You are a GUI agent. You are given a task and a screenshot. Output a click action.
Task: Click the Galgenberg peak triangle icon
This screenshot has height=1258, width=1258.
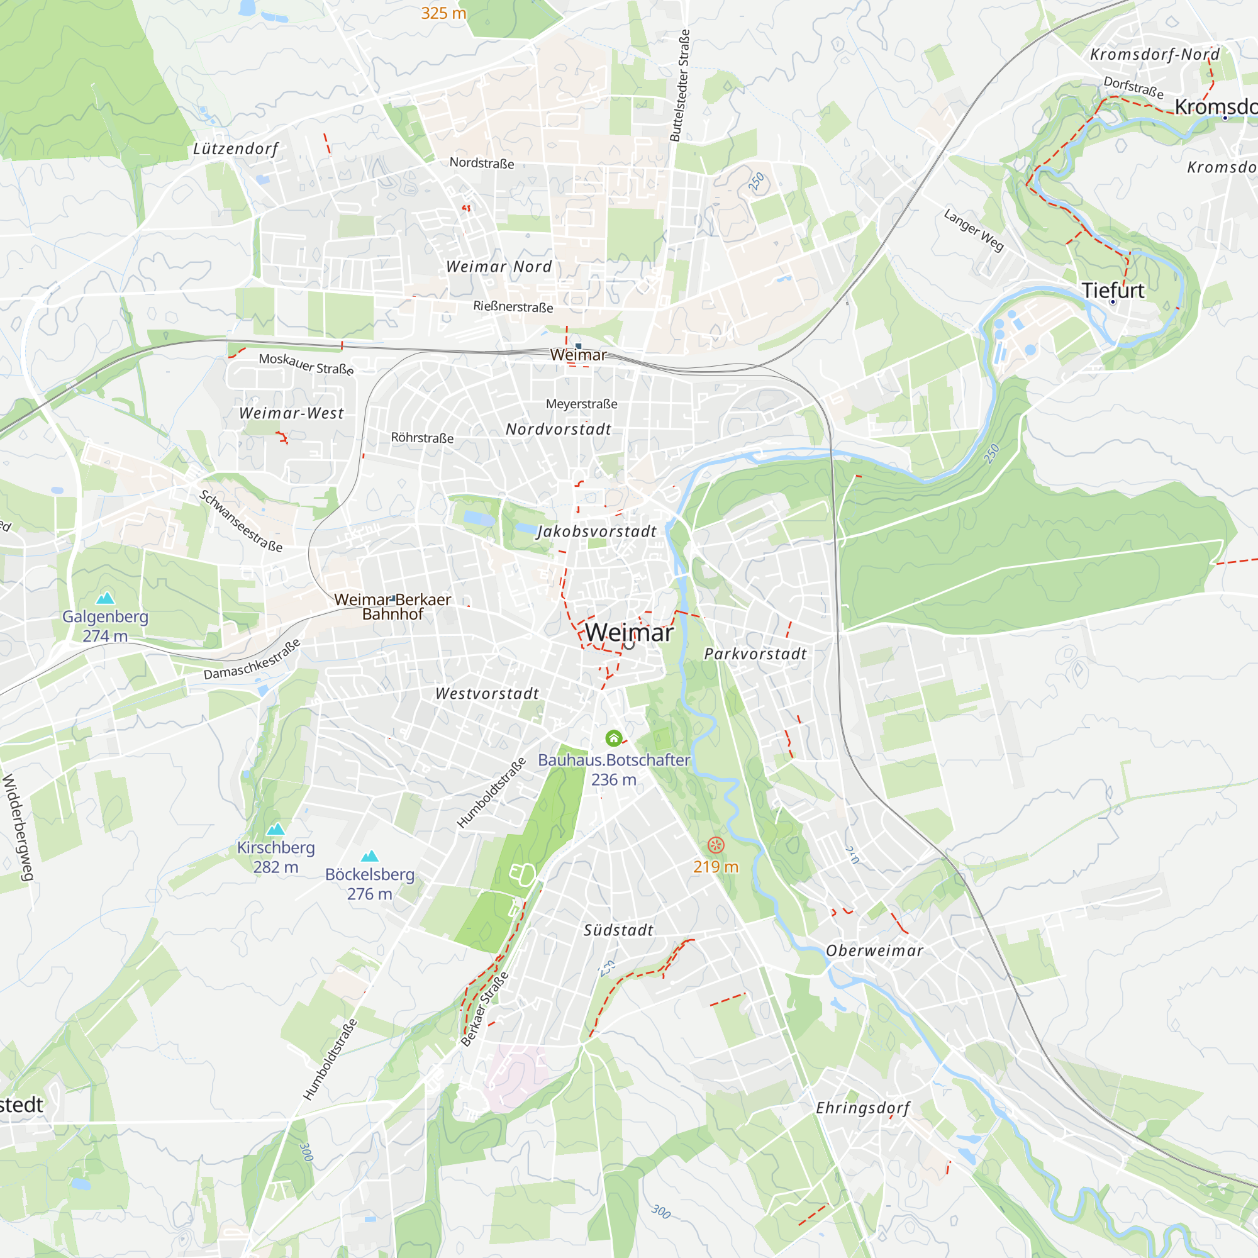pyautogui.click(x=106, y=598)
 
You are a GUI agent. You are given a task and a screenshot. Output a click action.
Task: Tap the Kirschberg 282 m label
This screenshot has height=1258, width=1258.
pyautogui.click(x=276, y=857)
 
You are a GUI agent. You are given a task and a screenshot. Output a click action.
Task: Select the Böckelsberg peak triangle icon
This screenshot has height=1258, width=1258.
pyautogui.click(x=369, y=855)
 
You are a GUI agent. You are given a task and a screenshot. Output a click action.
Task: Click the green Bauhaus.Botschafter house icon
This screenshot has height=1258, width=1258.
pyautogui.click(x=613, y=738)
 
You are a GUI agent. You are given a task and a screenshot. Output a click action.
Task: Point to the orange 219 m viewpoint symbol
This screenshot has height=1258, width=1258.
pyautogui.click(x=716, y=845)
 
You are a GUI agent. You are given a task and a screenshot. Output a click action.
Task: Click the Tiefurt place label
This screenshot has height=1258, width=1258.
pyautogui.click(x=1112, y=291)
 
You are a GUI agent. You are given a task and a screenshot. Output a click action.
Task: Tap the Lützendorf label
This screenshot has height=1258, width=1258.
pyautogui.click(x=236, y=149)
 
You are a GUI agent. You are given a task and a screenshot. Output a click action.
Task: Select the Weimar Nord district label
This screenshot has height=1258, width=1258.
pyautogui.click(x=499, y=266)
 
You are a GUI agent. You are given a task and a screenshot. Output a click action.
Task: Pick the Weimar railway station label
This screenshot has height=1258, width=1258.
pyautogui.click(x=577, y=355)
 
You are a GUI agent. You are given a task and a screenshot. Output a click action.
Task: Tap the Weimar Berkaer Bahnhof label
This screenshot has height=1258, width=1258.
pyautogui.click(x=392, y=606)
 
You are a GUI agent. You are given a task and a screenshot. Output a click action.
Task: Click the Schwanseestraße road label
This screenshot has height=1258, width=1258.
pyautogui.click(x=241, y=521)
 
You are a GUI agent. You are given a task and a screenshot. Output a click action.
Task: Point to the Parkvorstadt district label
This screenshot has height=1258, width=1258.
pyautogui.click(x=755, y=654)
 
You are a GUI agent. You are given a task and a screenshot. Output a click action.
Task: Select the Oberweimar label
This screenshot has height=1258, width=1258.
pyautogui.click(x=874, y=950)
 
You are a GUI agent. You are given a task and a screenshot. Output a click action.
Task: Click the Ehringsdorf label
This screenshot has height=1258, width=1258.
pyautogui.click(x=863, y=1108)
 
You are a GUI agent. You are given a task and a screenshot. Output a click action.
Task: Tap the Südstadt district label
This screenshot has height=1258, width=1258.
pyautogui.click(x=618, y=930)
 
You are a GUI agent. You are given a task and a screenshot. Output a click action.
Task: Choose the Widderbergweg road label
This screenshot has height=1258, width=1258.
pyautogui.click(x=18, y=827)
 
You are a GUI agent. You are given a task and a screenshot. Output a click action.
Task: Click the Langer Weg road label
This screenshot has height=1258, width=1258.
pyautogui.click(x=974, y=230)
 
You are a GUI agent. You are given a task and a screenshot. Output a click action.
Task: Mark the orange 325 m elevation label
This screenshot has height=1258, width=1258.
pyautogui.click(x=443, y=13)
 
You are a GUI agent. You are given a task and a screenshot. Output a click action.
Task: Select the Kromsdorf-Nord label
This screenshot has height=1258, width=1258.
pyautogui.click(x=1154, y=54)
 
